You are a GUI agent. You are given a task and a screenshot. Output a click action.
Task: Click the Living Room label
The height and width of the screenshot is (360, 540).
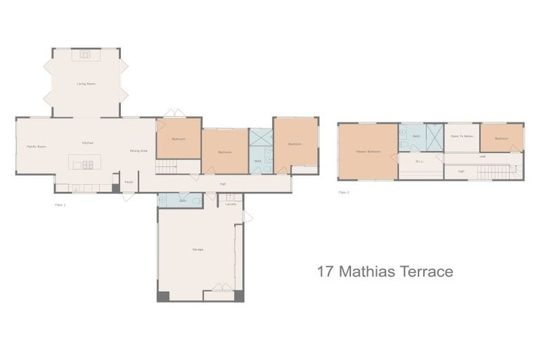click(x=86, y=84)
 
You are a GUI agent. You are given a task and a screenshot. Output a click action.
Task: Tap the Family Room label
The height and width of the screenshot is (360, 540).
click(x=37, y=146)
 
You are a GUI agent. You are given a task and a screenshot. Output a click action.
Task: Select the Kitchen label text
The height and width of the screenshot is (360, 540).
click(x=87, y=143)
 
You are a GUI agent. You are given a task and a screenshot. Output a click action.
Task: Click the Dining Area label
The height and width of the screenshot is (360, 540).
click(x=139, y=150)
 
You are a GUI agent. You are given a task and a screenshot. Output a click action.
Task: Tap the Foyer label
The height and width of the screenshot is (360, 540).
click(x=129, y=182)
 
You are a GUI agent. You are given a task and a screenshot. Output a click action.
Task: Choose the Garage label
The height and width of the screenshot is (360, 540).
click(x=198, y=250)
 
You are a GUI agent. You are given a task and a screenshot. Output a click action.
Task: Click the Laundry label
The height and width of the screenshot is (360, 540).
click(x=231, y=204)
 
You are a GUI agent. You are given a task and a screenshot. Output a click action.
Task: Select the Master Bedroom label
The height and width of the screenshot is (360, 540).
click(x=368, y=151)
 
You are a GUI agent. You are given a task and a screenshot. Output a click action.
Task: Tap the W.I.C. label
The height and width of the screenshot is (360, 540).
click(x=419, y=161)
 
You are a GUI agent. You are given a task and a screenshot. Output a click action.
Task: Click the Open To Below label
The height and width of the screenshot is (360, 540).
click(x=461, y=136)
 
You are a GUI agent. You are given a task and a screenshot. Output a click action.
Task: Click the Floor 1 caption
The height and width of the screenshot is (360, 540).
click(x=60, y=205)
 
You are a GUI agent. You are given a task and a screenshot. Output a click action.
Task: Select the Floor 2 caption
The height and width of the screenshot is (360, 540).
click(x=344, y=191)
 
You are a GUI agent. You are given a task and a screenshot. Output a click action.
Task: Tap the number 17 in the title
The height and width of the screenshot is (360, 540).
click(x=325, y=271)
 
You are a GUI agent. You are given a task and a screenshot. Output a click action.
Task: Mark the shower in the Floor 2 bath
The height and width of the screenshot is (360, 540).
click(x=435, y=136)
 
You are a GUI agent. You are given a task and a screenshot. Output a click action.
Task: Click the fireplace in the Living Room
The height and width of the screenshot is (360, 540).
click(x=86, y=54)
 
